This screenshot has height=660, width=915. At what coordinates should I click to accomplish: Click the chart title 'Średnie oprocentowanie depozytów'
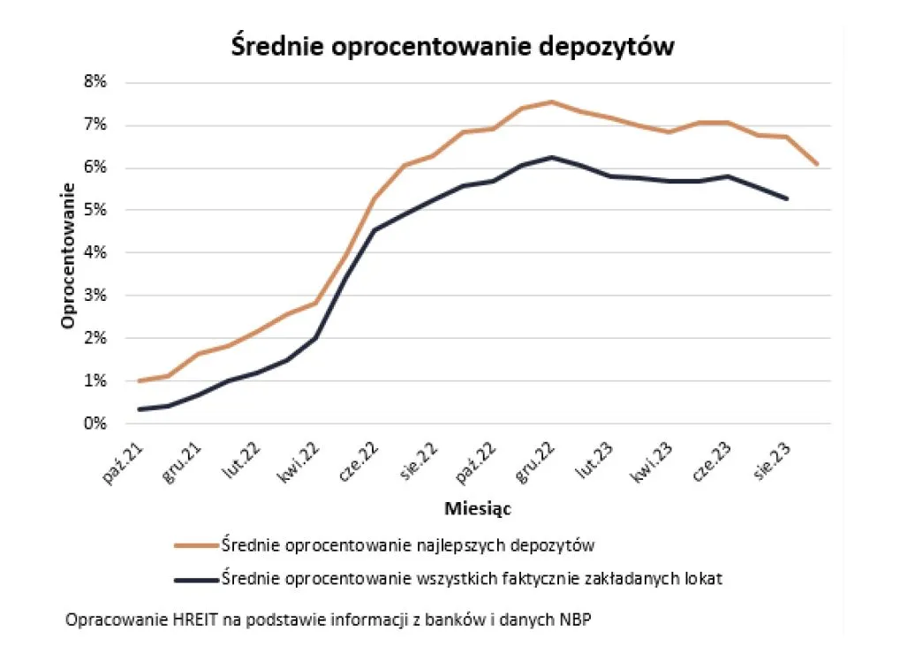pos(452,46)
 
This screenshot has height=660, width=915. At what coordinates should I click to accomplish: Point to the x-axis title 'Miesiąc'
pos(478,508)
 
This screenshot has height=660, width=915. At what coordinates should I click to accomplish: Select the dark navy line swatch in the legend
pos(195,580)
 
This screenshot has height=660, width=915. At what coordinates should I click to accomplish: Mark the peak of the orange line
pos(552,101)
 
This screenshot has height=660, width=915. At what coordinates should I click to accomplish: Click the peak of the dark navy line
pos(552,157)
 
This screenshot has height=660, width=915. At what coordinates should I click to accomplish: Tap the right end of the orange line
pos(817,164)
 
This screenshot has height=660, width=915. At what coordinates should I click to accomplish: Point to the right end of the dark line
pos(787,199)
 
